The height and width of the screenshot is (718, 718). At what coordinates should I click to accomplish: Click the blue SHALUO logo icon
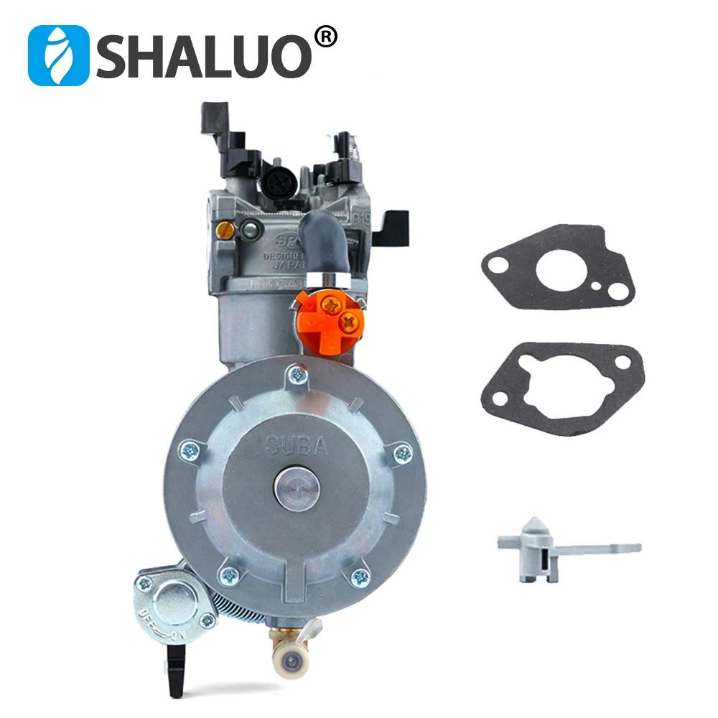pyautogui.click(x=58, y=56)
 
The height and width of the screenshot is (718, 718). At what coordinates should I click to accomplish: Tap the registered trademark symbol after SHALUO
pyautogui.click(x=325, y=38)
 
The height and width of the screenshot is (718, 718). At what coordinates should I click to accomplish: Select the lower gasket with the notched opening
pyautogui.click(x=563, y=388)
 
